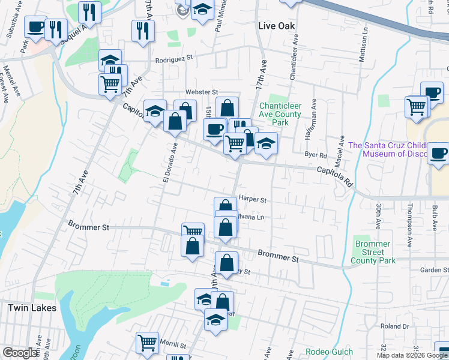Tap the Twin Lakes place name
pyautogui.click(x=32, y=308)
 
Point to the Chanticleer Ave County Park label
pyautogui.click(x=280, y=114)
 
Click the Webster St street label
pyautogui.click(x=201, y=92)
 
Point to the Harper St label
pyautogui.click(x=252, y=198)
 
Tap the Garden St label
pyautogui.click(x=434, y=271)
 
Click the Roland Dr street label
pyautogui.click(x=394, y=326)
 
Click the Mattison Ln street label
pyautogui.click(x=362, y=41)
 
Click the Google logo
pyautogui.click(x=20, y=353)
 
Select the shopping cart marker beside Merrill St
pyautogui.click(x=147, y=343)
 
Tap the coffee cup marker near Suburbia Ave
pyautogui.click(x=35, y=27)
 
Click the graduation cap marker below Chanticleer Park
pyautogui.click(x=266, y=143)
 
